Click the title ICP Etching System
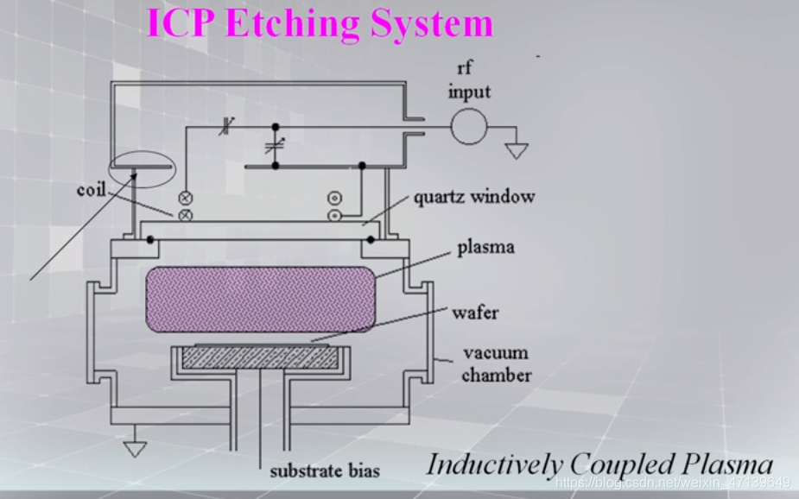(x=320, y=22)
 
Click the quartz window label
(x=474, y=197)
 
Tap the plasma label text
(x=485, y=247)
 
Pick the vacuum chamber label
(x=495, y=363)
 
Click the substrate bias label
(x=324, y=471)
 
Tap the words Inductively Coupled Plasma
(x=599, y=464)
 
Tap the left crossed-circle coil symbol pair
(x=184, y=205)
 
